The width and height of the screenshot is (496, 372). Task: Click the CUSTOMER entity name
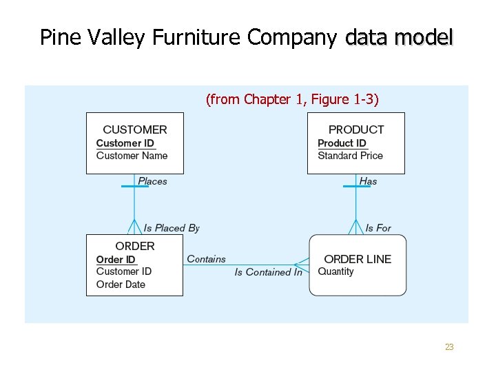134,130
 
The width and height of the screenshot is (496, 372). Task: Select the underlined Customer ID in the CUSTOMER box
125,143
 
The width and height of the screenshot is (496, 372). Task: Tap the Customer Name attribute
132,156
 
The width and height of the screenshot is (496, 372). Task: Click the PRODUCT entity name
356,130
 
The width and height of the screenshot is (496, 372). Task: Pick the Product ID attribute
342,143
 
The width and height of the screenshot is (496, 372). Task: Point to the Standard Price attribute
350,156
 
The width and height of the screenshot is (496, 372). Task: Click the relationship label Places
152,181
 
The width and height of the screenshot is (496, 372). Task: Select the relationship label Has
368,181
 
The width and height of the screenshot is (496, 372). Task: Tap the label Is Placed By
172,228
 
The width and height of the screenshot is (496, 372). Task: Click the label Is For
378,228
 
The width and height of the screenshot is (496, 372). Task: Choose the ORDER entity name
135,246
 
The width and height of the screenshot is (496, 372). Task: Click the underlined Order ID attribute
116,260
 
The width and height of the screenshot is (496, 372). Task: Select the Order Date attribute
121,285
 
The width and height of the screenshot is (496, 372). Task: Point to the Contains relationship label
206,259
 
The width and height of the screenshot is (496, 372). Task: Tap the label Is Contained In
268,272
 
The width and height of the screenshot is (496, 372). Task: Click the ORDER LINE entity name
358,259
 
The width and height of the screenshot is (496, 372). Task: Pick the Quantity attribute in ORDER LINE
335,271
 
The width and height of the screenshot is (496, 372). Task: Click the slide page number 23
449,347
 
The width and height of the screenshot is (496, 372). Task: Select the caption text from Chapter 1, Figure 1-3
292,100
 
